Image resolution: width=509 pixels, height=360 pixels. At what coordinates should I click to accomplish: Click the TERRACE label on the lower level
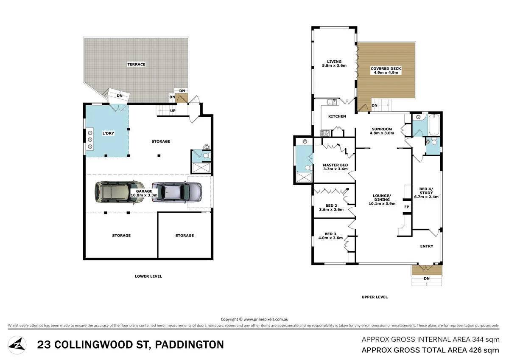136,65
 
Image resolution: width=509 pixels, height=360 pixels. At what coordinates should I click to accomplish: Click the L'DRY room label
108,133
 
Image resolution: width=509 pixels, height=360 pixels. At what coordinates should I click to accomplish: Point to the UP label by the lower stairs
173,110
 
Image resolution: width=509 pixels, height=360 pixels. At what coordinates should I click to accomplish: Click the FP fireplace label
406,207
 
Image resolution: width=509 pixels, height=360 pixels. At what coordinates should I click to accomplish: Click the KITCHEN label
337,116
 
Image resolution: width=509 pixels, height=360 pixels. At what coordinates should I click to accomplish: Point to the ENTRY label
426,246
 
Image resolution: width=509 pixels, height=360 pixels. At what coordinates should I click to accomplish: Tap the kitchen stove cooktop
326,133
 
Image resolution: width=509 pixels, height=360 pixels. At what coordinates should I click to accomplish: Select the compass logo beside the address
17,344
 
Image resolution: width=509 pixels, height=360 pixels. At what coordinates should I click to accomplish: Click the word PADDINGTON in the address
190,345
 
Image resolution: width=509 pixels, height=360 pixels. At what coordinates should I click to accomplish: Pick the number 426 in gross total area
475,350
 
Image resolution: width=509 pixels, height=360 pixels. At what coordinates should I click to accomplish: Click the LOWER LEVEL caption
148,276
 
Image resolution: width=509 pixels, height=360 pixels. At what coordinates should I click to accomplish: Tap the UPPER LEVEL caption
375,297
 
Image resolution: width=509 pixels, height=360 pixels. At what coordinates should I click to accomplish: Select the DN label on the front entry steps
426,278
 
